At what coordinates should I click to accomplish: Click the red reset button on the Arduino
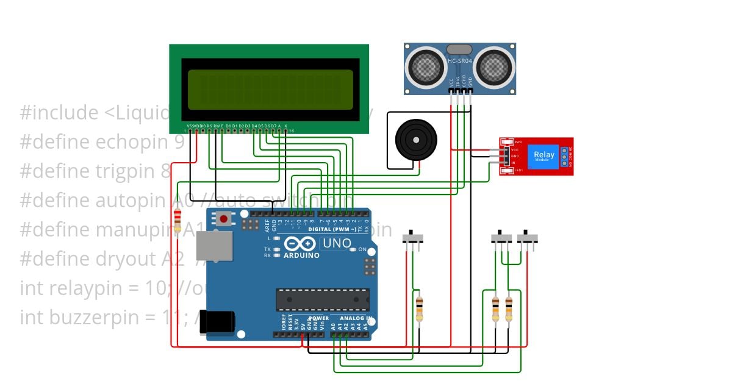click(224, 219)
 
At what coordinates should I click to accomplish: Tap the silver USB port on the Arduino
click(214, 246)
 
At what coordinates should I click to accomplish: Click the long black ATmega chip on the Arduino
click(323, 300)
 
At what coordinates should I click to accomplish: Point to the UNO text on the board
click(337, 243)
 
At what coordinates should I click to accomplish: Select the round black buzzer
click(416, 140)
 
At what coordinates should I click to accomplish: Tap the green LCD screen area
click(270, 90)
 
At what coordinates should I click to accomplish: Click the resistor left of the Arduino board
click(178, 221)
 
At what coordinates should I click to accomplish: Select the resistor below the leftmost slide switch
click(419, 308)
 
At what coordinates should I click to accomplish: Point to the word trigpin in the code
click(128, 171)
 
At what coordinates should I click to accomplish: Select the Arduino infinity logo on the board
click(300, 244)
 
